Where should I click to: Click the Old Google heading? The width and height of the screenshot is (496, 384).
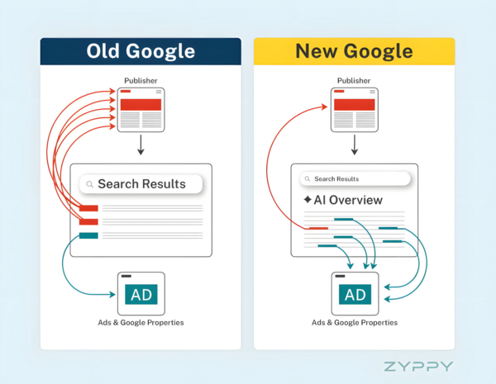[141, 51]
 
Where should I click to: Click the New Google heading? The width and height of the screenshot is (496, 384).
[354, 51]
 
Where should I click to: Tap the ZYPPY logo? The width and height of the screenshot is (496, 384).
[418, 365]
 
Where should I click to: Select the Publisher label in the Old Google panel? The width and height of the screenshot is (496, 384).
[141, 81]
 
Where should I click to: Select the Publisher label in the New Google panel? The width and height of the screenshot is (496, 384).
[354, 81]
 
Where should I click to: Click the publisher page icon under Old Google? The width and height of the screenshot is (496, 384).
[141, 109]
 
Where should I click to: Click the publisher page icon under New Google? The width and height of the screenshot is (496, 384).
[354, 109]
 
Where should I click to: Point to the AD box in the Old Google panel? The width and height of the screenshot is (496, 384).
[141, 294]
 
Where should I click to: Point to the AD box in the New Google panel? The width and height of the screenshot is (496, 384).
[355, 294]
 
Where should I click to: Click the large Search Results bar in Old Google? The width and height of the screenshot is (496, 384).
[141, 184]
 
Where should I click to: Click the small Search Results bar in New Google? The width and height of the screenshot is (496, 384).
[355, 178]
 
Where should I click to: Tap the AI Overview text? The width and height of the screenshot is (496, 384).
[347, 200]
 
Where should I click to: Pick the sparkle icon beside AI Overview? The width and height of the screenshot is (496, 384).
[308, 200]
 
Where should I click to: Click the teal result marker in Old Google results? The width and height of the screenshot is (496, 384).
[88, 236]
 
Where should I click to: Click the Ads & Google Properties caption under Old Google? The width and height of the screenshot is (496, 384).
[141, 322]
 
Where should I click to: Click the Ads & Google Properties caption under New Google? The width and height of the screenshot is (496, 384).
[355, 322]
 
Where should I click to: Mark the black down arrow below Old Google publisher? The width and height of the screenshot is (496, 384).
[141, 145]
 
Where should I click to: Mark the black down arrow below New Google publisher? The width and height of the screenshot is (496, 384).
[354, 145]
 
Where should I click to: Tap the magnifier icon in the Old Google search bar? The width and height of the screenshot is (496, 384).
[89, 184]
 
